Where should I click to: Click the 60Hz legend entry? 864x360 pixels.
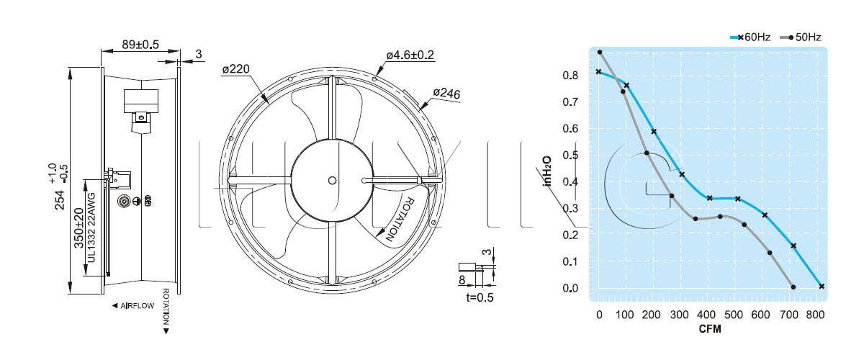click(750, 37)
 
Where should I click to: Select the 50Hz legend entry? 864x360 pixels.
click(801, 37)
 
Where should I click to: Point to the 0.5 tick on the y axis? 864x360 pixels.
click(570, 155)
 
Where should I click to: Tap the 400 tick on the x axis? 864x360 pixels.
click(706, 315)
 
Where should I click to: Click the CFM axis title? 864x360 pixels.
click(710, 329)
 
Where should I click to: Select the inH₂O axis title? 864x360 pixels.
click(547, 171)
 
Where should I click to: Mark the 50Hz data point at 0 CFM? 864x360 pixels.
click(599, 52)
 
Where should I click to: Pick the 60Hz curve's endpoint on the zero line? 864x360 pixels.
click(822, 287)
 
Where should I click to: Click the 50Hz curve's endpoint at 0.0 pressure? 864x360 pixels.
click(793, 287)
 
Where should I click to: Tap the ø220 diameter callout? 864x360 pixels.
click(236, 69)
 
